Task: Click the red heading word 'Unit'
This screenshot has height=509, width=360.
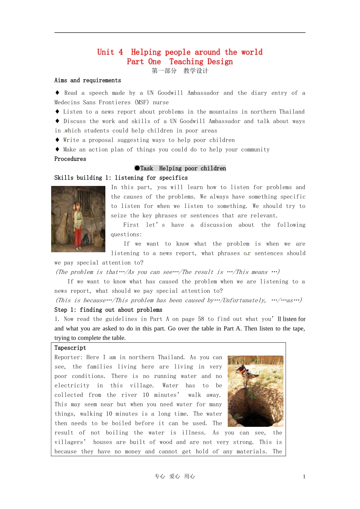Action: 105,52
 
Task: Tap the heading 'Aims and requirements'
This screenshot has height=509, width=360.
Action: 88,80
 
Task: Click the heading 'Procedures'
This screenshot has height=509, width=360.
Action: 70,159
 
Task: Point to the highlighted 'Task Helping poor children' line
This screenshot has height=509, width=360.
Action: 180,169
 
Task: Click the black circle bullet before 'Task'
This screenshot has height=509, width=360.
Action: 137,168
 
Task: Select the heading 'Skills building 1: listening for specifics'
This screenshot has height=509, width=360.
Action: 121,178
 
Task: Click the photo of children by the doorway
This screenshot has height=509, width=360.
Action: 78,219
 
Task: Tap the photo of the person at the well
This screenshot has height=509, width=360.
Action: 255,391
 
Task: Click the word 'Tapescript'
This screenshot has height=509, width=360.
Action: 70,348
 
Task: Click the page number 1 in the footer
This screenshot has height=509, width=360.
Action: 304,477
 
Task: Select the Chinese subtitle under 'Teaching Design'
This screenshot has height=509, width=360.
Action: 180,71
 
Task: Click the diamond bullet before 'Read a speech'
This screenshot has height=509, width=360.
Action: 57,92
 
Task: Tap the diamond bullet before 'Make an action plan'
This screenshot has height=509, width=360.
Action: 57,149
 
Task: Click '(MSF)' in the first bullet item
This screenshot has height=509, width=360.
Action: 142,102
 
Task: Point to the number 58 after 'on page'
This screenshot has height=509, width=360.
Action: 201,319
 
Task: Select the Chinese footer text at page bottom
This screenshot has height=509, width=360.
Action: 175,476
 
